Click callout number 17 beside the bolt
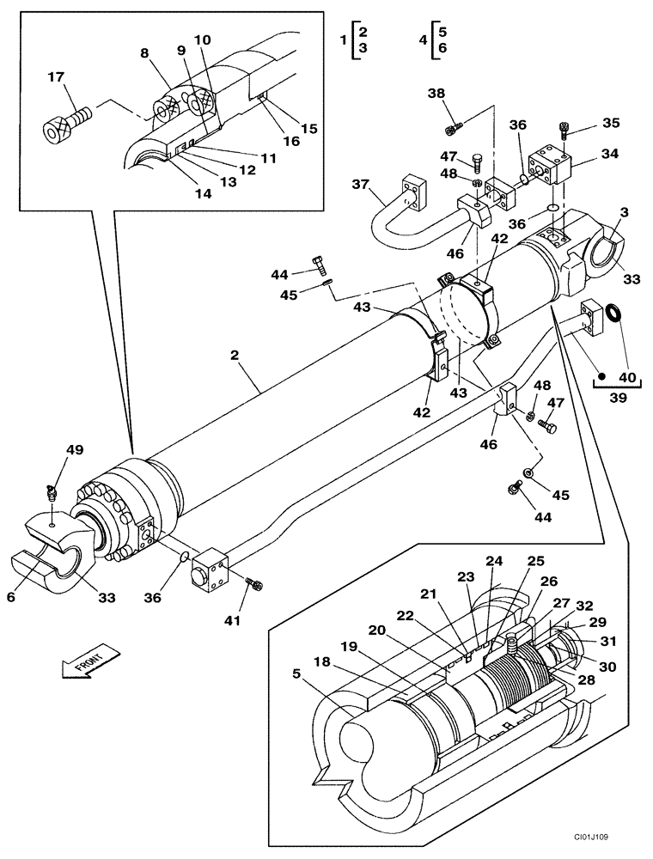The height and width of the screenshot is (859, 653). point(56,77)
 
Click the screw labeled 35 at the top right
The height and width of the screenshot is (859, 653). point(564,130)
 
